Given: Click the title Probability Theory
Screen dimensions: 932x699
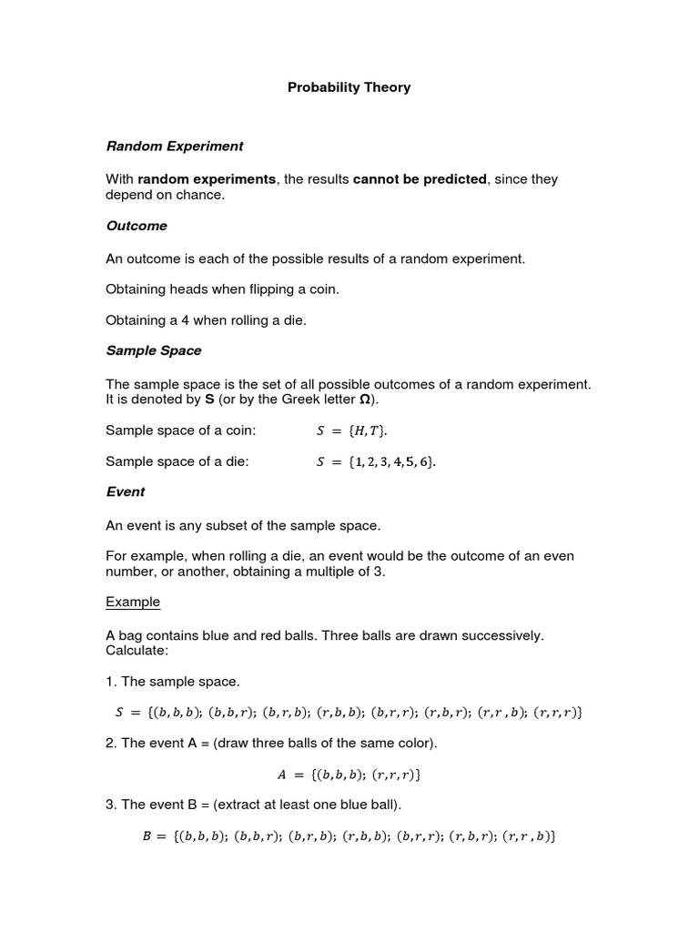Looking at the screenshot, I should point(349,88).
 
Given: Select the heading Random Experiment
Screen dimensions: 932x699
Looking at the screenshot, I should point(175,146).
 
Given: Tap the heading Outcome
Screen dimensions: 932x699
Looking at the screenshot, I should point(137,225).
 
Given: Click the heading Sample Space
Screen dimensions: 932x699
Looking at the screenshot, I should point(154,350).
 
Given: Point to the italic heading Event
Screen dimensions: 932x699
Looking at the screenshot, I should point(126,491).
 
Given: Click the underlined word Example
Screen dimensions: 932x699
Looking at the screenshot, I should point(133,602).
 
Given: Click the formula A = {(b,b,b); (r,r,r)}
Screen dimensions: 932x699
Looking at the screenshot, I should point(349,775).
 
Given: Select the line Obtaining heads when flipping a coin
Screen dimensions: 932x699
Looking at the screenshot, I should point(222,289).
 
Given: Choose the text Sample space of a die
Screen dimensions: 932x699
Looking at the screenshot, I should point(177,462).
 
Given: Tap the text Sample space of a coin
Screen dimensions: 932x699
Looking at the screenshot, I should point(181,431).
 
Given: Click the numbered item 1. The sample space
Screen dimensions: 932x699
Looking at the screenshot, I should point(173,681).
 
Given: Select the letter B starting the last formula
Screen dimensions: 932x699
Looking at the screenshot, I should point(147,835).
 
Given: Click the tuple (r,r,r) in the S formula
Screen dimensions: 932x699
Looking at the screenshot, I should point(557,713).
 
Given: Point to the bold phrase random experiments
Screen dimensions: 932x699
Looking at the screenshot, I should point(207,179).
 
